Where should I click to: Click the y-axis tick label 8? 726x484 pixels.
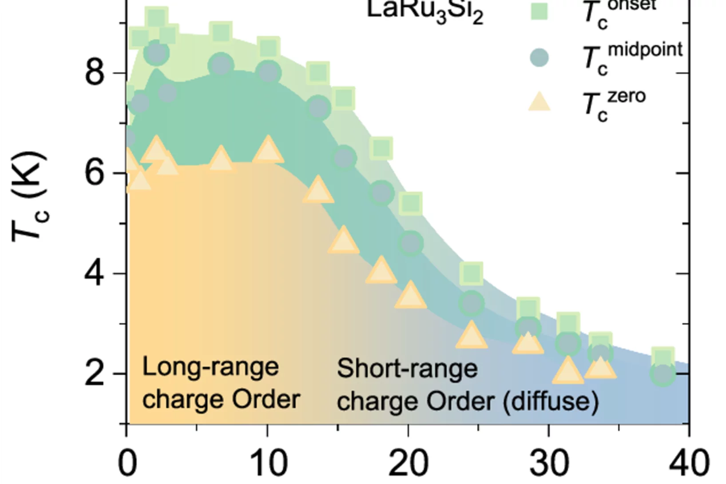pos(95,72)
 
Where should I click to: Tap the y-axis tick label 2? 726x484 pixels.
pos(95,373)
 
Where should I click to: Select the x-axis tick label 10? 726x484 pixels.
pos(268,463)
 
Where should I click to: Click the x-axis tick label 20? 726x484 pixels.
pos(409,463)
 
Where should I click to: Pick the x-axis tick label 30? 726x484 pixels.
pos(549,463)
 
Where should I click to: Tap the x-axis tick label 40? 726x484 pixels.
pos(689,463)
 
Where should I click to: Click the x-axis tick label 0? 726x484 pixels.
pos(127,463)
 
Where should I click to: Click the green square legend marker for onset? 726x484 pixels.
pos(539,11)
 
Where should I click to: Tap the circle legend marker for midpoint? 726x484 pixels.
pos(539,58)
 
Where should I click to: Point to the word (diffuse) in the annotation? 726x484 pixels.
pos(551,401)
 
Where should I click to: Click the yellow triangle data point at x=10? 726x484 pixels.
pos(268,149)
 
